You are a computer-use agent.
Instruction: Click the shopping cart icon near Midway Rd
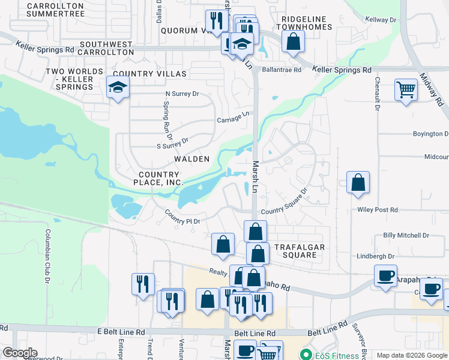click(x=406, y=90)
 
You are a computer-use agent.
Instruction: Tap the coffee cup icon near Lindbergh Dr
click(x=385, y=276)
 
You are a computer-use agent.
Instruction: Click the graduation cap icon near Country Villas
click(x=118, y=88)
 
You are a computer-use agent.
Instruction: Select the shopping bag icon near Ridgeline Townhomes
click(x=293, y=42)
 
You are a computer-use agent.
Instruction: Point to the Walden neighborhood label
click(x=191, y=159)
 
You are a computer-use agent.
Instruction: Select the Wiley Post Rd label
click(x=378, y=210)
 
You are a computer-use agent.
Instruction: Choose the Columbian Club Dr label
click(x=47, y=255)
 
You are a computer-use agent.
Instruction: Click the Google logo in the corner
click(x=19, y=353)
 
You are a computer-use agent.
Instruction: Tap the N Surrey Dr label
click(x=182, y=94)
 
